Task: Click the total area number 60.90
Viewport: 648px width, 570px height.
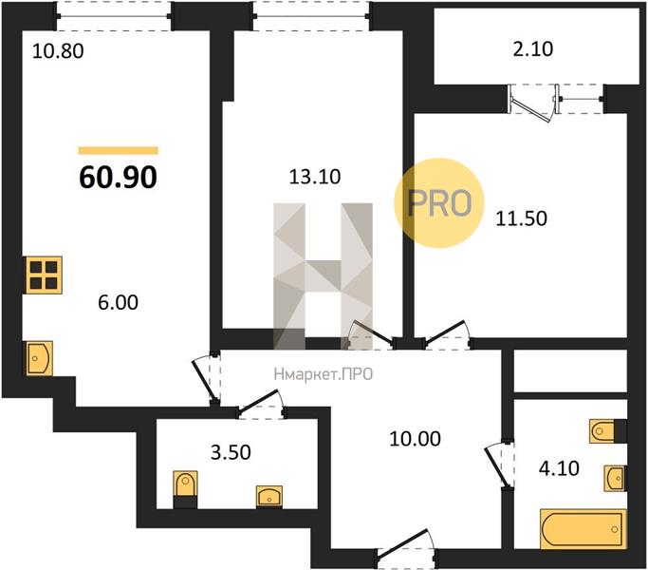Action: pyautogui.click(x=119, y=177)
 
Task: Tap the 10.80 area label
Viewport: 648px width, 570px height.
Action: pyautogui.click(x=58, y=51)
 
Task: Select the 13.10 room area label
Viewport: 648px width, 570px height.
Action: pyautogui.click(x=315, y=177)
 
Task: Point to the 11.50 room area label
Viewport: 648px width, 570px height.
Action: pyautogui.click(x=521, y=218)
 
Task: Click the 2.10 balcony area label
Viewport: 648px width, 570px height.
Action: pyautogui.click(x=532, y=49)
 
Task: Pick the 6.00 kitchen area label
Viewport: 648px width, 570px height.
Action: pyautogui.click(x=119, y=303)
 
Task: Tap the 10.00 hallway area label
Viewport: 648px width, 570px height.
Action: pyautogui.click(x=415, y=439)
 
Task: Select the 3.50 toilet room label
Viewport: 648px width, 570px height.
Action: pyautogui.click(x=231, y=452)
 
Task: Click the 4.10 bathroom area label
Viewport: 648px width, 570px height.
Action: pyautogui.click(x=559, y=468)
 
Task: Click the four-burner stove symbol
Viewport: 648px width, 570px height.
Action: pyautogui.click(x=44, y=275)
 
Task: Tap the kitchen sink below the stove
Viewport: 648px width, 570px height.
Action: pyautogui.click(x=40, y=358)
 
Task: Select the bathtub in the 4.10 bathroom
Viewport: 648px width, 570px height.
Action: pyautogui.click(x=583, y=529)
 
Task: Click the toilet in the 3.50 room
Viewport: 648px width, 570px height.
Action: pyautogui.click(x=185, y=489)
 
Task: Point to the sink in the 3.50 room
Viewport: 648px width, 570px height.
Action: pyautogui.click(x=269, y=496)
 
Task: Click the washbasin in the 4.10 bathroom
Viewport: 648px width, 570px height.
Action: pyautogui.click(x=615, y=479)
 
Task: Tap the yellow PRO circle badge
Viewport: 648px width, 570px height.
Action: pyautogui.click(x=439, y=203)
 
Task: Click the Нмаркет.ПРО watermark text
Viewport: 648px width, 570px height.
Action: pyautogui.click(x=324, y=374)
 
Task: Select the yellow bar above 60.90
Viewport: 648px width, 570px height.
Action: pyautogui.click(x=119, y=150)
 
